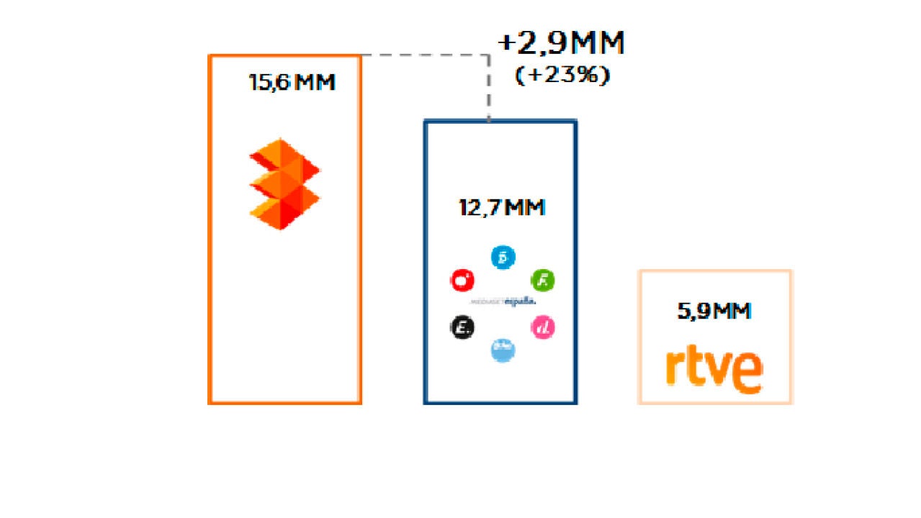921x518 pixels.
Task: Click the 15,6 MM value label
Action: click(x=292, y=83)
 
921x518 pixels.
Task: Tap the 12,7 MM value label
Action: click(x=502, y=208)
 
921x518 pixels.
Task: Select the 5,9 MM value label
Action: click(x=714, y=312)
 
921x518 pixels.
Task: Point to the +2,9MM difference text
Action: click(x=561, y=45)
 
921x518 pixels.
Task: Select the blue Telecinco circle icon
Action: click(x=503, y=257)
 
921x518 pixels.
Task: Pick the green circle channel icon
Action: click(x=542, y=280)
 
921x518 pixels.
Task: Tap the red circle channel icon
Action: click(x=462, y=280)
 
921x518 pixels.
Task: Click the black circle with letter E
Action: click(x=462, y=328)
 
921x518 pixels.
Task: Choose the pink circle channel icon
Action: click(x=542, y=328)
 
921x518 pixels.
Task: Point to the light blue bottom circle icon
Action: click(x=503, y=350)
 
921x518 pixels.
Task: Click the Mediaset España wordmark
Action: click(x=503, y=302)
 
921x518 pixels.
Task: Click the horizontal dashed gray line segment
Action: click(x=425, y=55)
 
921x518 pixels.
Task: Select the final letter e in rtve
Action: click(x=749, y=372)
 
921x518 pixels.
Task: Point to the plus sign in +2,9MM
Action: click(x=507, y=44)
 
